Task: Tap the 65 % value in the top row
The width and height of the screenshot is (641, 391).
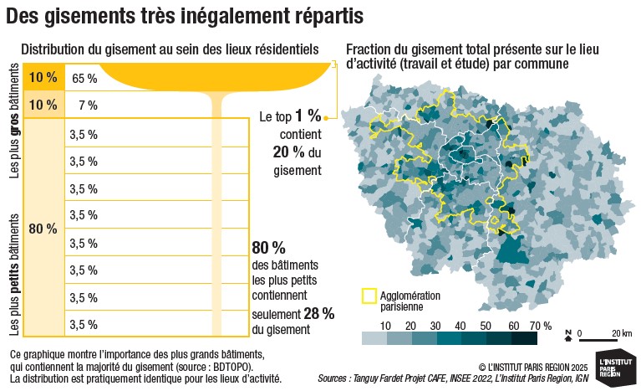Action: click(x=84, y=79)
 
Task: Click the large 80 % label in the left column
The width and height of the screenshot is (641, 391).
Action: click(x=43, y=229)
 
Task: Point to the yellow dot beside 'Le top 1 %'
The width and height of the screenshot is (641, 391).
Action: click(x=325, y=118)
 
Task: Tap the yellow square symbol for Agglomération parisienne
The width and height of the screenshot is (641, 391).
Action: click(x=369, y=296)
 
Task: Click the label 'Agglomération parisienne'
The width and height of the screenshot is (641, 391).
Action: click(x=410, y=301)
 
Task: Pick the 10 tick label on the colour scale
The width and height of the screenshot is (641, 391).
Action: click(x=386, y=325)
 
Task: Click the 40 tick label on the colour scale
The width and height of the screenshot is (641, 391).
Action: click(x=460, y=325)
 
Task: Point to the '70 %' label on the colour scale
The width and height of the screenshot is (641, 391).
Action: click(x=540, y=325)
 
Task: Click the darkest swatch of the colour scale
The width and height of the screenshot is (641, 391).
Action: click(x=524, y=338)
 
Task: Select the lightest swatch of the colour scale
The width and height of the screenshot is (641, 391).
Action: click(x=374, y=338)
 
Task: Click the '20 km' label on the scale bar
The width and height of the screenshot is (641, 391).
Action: click(x=621, y=333)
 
